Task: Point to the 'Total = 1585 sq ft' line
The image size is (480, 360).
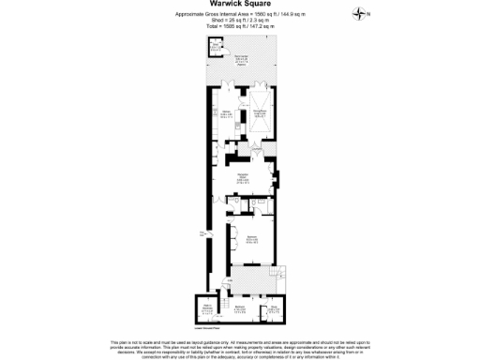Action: click(239, 26)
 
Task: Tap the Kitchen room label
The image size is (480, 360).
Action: click(226, 113)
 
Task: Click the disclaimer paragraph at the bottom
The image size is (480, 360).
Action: click(240, 347)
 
